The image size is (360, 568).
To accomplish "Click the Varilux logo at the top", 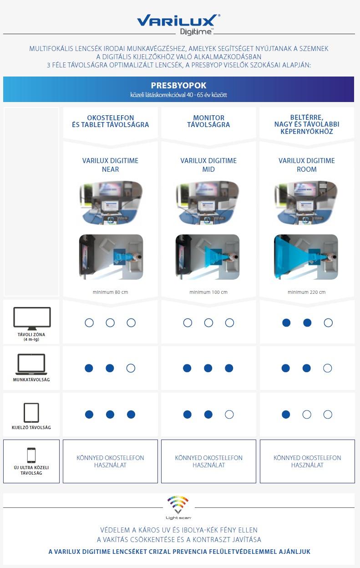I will coord(178,21).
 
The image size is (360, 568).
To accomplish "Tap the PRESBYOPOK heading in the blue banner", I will coord(178,86).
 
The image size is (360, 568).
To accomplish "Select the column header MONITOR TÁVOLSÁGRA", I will coord(208,121).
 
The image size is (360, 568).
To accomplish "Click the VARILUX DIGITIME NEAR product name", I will coord(110,165).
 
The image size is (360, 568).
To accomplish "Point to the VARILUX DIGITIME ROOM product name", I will coord(307,165).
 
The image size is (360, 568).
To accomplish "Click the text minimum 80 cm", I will coord(110,292).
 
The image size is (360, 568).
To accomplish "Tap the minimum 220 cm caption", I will coord(307,292).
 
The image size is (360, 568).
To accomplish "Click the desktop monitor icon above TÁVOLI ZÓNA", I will coord(32,318).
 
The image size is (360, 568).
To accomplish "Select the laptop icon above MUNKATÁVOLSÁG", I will coord(31,364).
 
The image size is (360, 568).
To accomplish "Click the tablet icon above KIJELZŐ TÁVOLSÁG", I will coord(31,413).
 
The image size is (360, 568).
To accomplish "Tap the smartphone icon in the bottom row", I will coord(31,455).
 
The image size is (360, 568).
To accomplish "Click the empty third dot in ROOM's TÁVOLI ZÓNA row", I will coord(328,323).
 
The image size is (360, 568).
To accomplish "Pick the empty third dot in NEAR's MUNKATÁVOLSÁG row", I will coord(131,368).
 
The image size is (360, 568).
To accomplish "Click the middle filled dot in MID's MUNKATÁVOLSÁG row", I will coord(208,368).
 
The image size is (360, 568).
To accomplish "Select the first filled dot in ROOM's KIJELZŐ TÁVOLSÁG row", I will coord(286,414).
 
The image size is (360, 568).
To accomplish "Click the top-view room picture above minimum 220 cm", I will coord(306,257).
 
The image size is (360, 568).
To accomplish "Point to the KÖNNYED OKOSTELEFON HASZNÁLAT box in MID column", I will coord(208,461).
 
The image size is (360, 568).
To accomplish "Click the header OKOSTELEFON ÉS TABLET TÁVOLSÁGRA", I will coord(110,121).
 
